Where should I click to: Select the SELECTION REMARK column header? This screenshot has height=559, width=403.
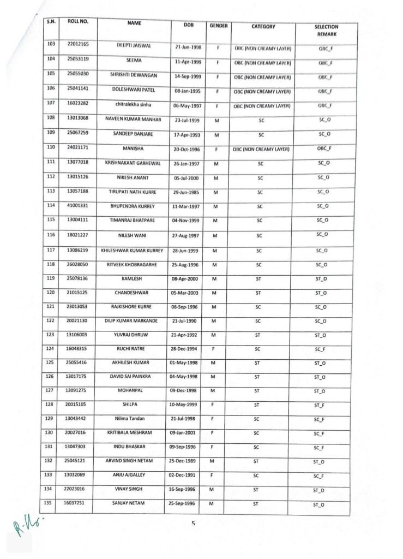(326, 29)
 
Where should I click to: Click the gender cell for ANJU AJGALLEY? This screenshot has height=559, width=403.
(217, 476)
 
